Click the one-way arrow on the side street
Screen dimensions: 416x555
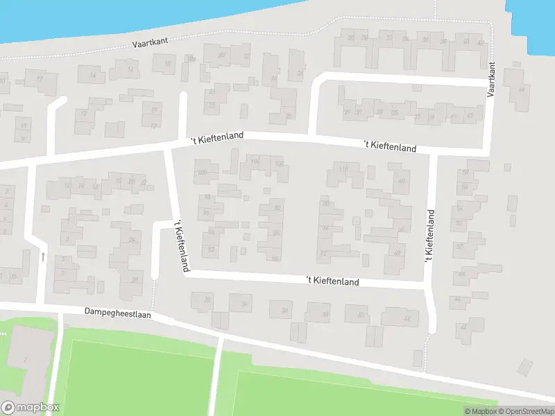coord(43,257)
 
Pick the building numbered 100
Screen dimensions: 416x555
coord(203,173)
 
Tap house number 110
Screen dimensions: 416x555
coord(343,170)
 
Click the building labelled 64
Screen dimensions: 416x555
coord(522,89)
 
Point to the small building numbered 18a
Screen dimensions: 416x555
coord(191,59)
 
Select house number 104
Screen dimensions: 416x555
coord(254,163)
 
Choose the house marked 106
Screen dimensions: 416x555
coord(279,164)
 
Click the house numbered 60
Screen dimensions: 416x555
coord(400,182)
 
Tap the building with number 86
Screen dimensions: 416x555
coord(276,233)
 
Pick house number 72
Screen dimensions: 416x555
coord(323,254)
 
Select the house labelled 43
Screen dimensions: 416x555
coord(470,115)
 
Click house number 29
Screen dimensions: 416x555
coord(347,112)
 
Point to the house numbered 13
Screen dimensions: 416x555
coord(84,113)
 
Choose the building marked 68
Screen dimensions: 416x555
coord(397,253)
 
